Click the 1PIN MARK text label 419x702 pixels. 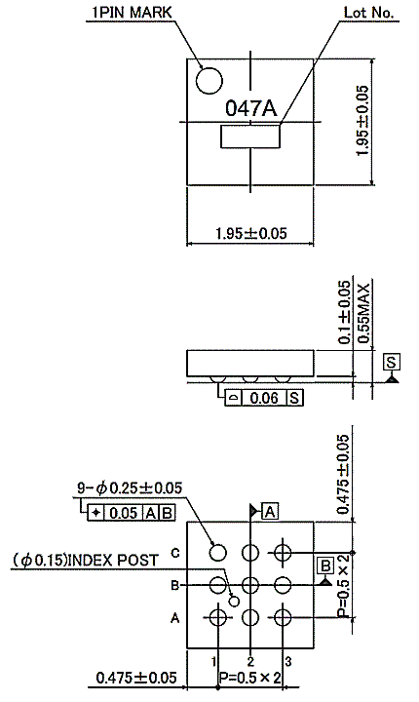[132, 12]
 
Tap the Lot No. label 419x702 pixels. [369, 13]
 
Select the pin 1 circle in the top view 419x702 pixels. [209, 81]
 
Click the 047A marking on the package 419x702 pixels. [250, 108]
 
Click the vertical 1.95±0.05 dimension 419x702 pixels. [362, 121]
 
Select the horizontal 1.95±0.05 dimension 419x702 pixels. [250, 233]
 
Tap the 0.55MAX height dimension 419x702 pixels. [363, 313]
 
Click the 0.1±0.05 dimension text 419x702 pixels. [344, 312]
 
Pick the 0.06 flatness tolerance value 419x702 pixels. [264, 398]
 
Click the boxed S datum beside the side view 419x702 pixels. [392, 362]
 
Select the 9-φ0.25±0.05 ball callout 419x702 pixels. [130, 487]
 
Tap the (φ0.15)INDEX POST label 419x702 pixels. [86, 560]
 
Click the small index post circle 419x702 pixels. [234, 601]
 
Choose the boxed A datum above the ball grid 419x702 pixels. [270, 511]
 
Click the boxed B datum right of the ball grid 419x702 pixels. [325, 565]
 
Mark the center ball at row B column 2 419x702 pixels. [250, 585]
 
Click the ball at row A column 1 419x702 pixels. [218, 618]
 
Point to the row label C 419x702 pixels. [175, 553]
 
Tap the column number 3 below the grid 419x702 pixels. [287, 661]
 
